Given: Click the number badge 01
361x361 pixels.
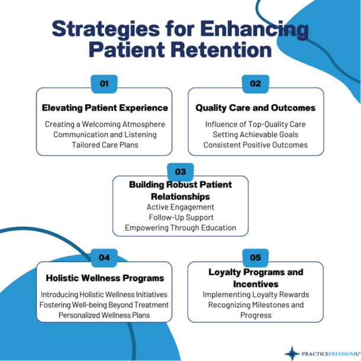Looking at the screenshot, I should [104, 83].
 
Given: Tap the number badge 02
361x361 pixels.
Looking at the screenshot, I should [256, 83].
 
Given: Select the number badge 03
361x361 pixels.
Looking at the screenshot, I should [180, 172].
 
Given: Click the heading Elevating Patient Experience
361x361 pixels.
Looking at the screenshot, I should [105, 108].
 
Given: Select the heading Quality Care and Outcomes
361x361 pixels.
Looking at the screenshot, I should [256, 108].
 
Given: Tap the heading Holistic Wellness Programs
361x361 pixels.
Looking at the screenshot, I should [105, 278].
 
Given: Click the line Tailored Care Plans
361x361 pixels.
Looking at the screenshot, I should [105, 144].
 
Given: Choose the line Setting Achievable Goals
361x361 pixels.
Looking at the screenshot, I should [256, 134].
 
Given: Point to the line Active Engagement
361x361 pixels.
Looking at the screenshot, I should [180, 207].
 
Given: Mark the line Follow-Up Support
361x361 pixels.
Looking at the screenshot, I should [180, 217].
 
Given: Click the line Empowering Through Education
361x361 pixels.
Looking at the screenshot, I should [180, 228].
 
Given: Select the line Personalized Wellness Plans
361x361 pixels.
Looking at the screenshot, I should [105, 315].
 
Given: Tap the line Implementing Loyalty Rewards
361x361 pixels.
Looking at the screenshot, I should [256, 294].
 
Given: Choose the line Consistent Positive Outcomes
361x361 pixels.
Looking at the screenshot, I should [256, 144].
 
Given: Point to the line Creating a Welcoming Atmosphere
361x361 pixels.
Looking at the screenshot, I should [105, 124].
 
